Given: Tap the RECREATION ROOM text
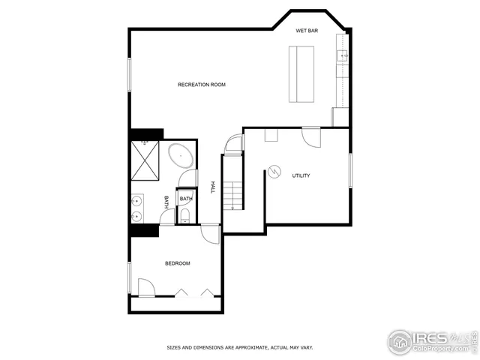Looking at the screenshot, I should click(x=201, y=85).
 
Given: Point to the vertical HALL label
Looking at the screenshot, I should click(x=213, y=187).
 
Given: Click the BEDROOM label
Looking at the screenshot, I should click(x=178, y=263).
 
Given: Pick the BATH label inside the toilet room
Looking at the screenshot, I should click(x=184, y=199).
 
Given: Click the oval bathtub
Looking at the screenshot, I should click(x=181, y=156).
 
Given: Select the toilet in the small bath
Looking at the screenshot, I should click(x=184, y=217).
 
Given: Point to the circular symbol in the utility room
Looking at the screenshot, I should click(x=275, y=173).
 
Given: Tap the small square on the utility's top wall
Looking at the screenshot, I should click(x=271, y=135).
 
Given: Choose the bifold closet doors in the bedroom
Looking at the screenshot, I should click(x=195, y=292).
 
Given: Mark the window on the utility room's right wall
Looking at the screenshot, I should click(x=350, y=170).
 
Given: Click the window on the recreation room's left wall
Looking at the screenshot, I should click(x=130, y=76).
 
